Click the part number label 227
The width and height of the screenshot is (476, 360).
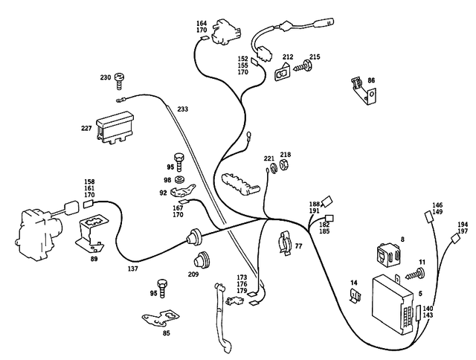(86, 128)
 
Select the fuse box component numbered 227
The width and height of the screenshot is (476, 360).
(118, 129)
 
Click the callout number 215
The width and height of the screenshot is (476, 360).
(315, 57)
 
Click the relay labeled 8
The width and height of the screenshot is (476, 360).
(386, 255)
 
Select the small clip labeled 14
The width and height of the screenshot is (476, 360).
(356, 298)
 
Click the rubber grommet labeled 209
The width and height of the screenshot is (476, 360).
(199, 261)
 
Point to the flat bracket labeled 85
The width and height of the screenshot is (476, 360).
(161, 321)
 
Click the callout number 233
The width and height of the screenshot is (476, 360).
(182, 109)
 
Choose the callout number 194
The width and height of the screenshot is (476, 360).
(463, 224)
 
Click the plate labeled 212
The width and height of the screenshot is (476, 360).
(285, 72)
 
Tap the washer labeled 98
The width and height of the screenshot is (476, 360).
(180, 181)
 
